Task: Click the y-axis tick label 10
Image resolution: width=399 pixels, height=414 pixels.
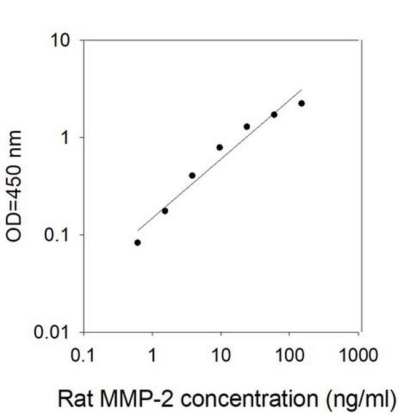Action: pos(62,40)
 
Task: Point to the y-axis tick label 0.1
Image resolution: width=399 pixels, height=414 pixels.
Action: pos(60,235)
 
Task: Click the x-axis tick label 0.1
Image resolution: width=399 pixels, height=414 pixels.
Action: pos(83,356)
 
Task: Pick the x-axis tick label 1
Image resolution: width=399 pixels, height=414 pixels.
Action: pos(152,356)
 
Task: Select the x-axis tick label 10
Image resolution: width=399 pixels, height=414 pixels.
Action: pos(220,356)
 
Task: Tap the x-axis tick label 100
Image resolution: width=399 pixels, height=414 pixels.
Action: pos(289,356)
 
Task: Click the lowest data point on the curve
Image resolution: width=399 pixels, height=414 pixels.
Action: pos(138,243)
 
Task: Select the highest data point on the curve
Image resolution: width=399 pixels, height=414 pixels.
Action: pos(301,103)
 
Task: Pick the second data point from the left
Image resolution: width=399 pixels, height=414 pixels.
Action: pos(165,211)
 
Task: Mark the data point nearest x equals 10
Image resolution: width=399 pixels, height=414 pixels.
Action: pos(220,147)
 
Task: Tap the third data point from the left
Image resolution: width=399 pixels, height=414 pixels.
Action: pos(192,176)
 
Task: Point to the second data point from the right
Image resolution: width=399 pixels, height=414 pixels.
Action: pos(274,115)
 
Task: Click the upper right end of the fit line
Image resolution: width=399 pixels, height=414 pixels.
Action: pos(301,89)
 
